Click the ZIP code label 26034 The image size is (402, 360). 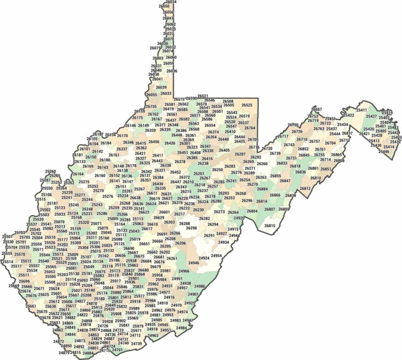pos(171,2)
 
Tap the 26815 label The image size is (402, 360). pos(270,226)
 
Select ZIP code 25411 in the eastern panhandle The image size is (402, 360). pos(361,110)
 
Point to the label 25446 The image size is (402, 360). pos(384,151)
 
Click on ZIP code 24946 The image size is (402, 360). pos(194,262)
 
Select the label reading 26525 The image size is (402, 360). pos(247,105)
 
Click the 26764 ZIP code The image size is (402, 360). pos(250,128)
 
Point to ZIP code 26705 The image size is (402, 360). pos(253,140)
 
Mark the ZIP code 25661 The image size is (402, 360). pos(31,306)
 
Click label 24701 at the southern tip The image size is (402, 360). pos(117,350)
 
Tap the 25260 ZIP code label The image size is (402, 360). pos(50,171)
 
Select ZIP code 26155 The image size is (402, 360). pos(151,106)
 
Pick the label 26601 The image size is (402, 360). pos(164,212)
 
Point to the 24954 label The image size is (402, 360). pos(216,256)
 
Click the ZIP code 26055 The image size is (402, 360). pos(152,95)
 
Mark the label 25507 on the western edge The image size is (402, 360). pos(7,237)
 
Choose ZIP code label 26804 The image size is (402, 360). pos(252,211)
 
